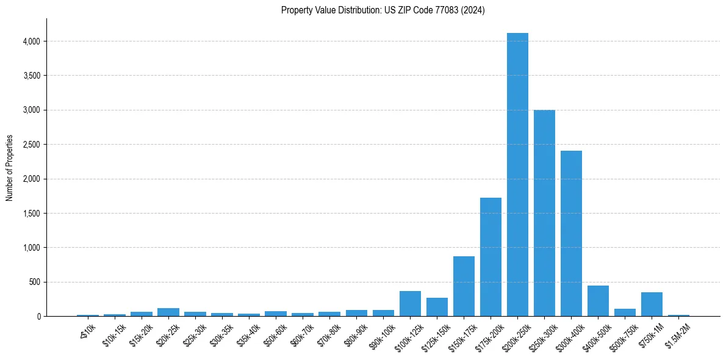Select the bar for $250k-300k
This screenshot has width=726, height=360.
point(544,213)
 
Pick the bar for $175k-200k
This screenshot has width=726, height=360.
point(491,257)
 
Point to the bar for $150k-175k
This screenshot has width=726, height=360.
point(464,286)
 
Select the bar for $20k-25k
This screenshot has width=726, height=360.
point(168,312)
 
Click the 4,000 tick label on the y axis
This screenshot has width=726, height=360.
point(32,41)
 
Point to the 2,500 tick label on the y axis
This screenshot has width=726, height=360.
point(32,145)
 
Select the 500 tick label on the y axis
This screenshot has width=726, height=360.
point(34,282)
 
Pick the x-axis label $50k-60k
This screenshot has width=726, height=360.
point(274,335)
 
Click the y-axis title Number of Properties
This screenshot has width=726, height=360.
point(10,168)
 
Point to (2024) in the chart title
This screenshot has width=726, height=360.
point(474,10)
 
